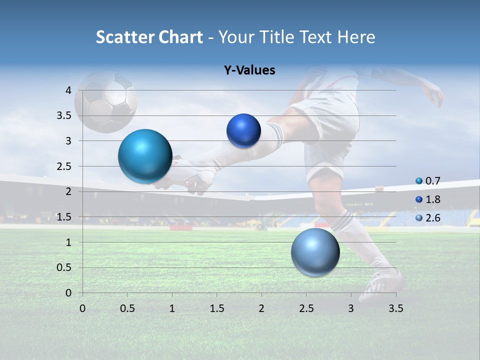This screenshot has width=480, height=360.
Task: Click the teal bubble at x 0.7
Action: (145, 156)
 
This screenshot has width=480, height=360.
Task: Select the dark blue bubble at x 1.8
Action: (243, 130)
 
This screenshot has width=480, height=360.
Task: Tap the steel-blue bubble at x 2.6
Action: (315, 252)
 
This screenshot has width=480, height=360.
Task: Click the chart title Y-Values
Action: (249, 70)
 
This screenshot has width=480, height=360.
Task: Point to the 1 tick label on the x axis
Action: (172, 308)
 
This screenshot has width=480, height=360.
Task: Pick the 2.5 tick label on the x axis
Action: (306, 308)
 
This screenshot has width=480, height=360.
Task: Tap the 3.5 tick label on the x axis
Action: (395, 308)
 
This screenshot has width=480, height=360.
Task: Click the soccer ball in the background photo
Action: (106, 102)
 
